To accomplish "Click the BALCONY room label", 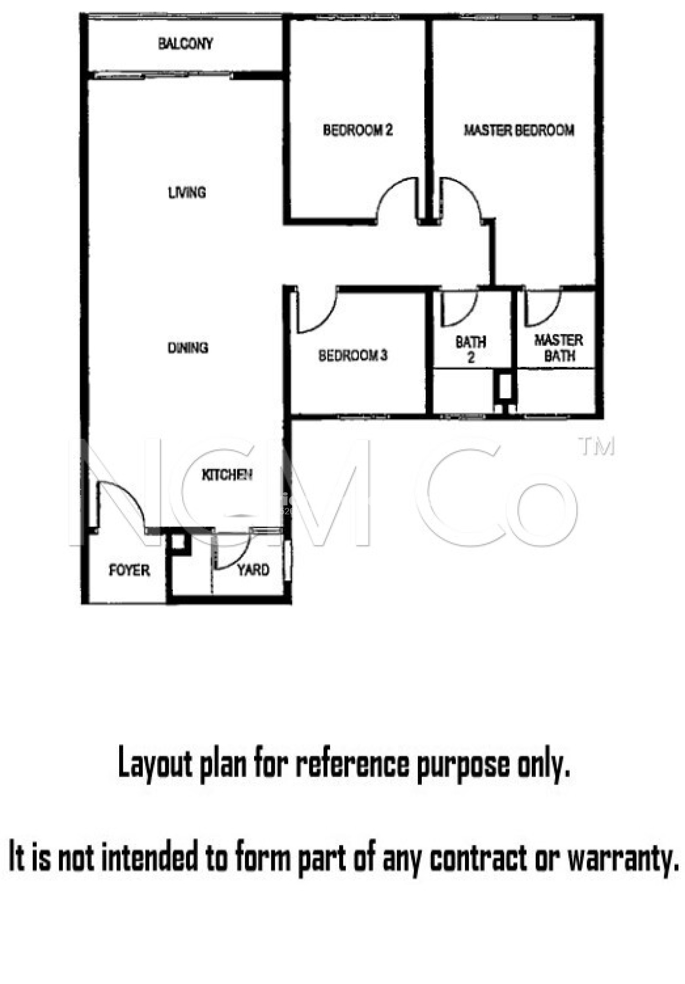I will pyautogui.click(x=185, y=44).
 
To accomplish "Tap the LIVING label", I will pyautogui.click(x=187, y=193).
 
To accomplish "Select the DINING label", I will pyautogui.click(x=188, y=347).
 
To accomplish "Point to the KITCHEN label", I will pyautogui.click(x=227, y=475).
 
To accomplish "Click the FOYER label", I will pyautogui.click(x=129, y=570).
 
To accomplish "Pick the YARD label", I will pyautogui.click(x=253, y=570).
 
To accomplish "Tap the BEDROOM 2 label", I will pyautogui.click(x=357, y=130).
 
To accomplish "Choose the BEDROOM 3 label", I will pyautogui.click(x=353, y=356).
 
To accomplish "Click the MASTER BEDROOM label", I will pyautogui.click(x=519, y=130).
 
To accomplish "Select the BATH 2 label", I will pyautogui.click(x=471, y=349).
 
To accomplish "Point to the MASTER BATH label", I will pyautogui.click(x=559, y=348).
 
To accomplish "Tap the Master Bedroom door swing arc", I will pyautogui.click(x=468, y=192).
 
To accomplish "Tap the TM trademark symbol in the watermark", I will pyautogui.click(x=597, y=446).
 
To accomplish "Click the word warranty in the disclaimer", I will pyautogui.click(x=624, y=857).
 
